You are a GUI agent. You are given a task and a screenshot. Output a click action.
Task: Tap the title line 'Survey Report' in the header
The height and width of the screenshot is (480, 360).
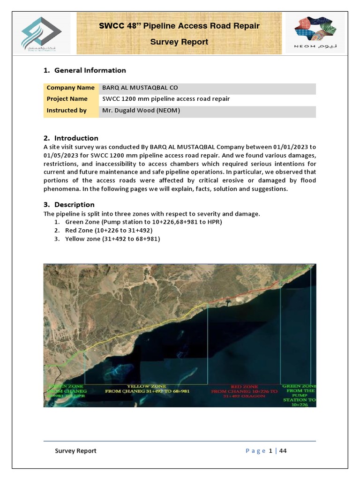[x=179, y=42]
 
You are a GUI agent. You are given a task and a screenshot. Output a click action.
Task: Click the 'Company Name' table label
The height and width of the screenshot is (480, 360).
[x=67, y=88]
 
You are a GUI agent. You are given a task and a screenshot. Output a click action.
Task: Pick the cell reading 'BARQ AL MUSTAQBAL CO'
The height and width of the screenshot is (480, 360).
[x=140, y=88]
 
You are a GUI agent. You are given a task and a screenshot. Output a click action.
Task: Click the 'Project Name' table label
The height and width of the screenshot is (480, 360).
[x=67, y=99]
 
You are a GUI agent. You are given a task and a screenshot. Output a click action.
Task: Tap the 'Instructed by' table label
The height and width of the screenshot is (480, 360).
[x=67, y=111]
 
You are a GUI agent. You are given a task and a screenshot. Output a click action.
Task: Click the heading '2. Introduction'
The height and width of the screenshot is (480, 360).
[x=71, y=138]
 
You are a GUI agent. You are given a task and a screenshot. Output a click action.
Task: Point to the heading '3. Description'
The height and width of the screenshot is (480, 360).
[x=69, y=204]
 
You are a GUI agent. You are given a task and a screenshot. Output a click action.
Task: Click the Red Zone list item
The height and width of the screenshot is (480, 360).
[x=109, y=230]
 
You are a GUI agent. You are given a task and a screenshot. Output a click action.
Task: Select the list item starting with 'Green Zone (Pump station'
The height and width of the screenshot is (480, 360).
[x=143, y=222]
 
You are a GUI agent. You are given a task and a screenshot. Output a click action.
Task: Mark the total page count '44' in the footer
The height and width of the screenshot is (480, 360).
[x=283, y=451]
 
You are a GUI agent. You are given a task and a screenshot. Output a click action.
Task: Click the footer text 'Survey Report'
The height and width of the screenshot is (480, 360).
[x=75, y=451]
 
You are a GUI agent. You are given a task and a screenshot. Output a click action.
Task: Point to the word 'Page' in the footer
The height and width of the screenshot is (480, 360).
[x=255, y=451]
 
